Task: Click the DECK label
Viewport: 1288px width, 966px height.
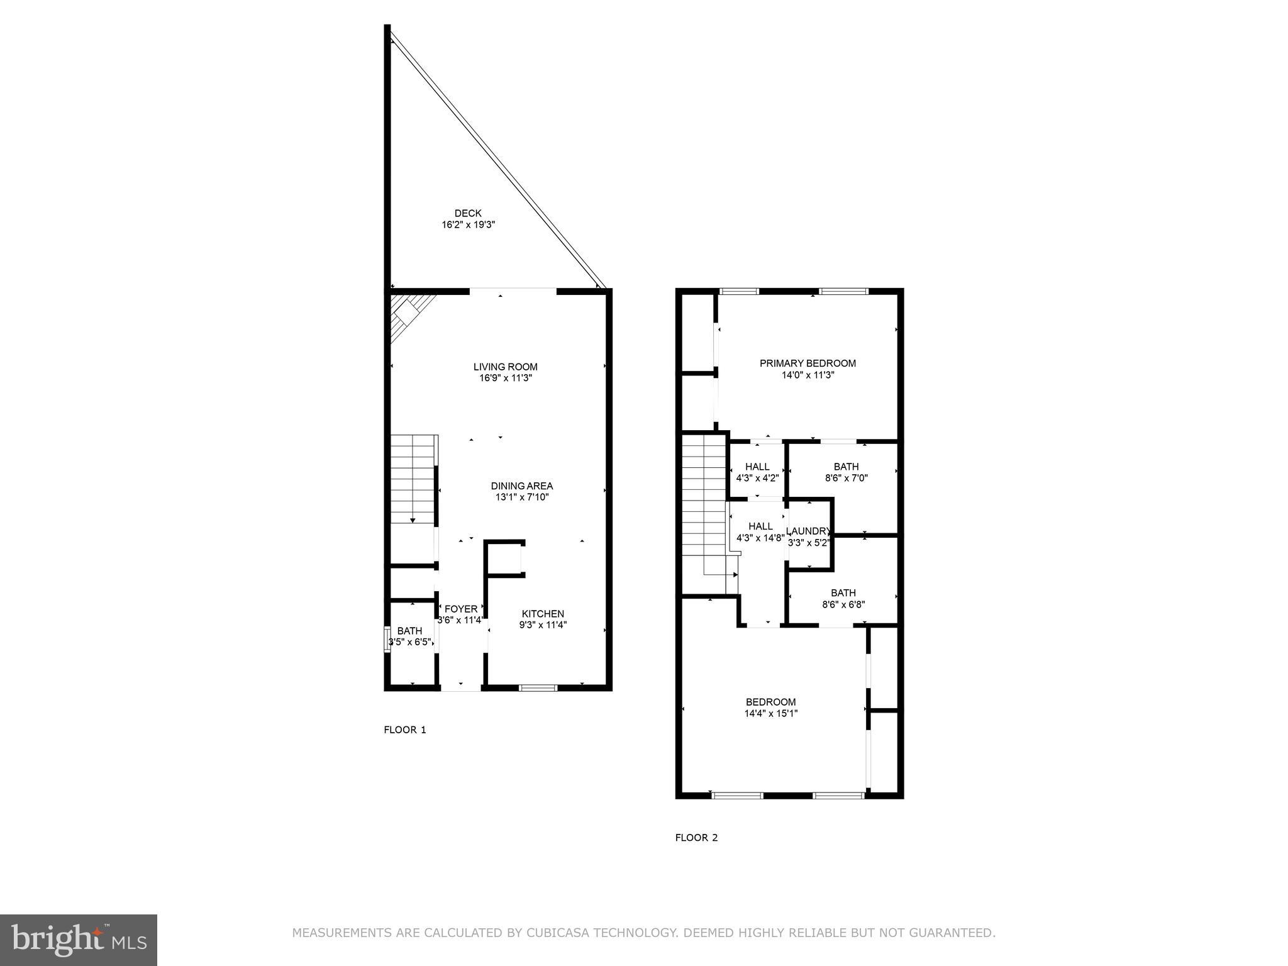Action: [468, 213]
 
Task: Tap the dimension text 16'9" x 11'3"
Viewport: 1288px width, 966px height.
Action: [506, 378]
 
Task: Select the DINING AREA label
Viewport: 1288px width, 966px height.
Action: [521, 486]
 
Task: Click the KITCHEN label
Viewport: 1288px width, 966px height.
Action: [543, 614]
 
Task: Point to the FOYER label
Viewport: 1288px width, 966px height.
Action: [461, 609]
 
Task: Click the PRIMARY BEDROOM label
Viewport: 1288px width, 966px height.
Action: [808, 363]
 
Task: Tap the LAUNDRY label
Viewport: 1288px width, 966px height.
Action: [809, 531]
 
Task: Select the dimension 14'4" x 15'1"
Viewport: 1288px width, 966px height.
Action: [771, 713]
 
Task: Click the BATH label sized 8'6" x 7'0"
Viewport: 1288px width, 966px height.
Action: [846, 467]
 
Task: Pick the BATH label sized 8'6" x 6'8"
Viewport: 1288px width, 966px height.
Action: [843, 592]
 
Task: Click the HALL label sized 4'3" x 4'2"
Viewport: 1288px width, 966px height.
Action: [757, 467]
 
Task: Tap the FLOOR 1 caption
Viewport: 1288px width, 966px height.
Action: [405, 730]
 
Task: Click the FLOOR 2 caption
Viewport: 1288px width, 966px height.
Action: [696, 837]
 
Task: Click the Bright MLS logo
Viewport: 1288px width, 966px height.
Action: [79, 940]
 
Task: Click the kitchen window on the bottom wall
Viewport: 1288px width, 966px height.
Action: [538, 688]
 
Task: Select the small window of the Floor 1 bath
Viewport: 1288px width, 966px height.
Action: [387, 639]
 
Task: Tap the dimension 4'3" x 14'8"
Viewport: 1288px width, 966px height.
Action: [760, 538]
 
